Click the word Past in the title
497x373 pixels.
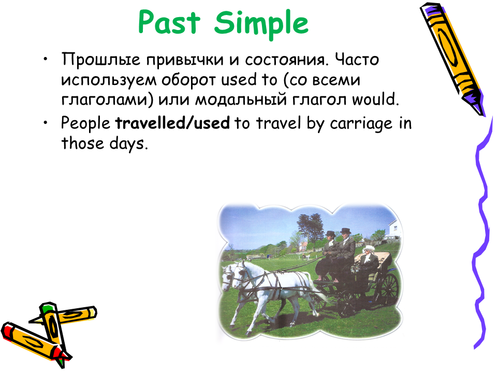click(x=169, y=22)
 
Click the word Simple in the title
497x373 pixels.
click(x=261, y=24)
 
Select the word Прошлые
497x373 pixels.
click(x=101, y=59)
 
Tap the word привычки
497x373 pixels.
click(x=185, y=60)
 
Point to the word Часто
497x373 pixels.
click(x=357, y=59)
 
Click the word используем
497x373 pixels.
click(x=109, y=80)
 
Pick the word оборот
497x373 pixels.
click(x=189, y=80)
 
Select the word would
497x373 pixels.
click(x=375, y=99)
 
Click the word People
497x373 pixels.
click(x=85, y=123)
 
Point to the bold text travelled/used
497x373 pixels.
click(x=172, y=123)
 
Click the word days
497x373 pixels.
click(x=129, y=144)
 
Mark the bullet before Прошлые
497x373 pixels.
click(x=46, y=59)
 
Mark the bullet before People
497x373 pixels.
click(x=46, y=122)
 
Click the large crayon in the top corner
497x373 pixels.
click(x=452, y=59)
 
